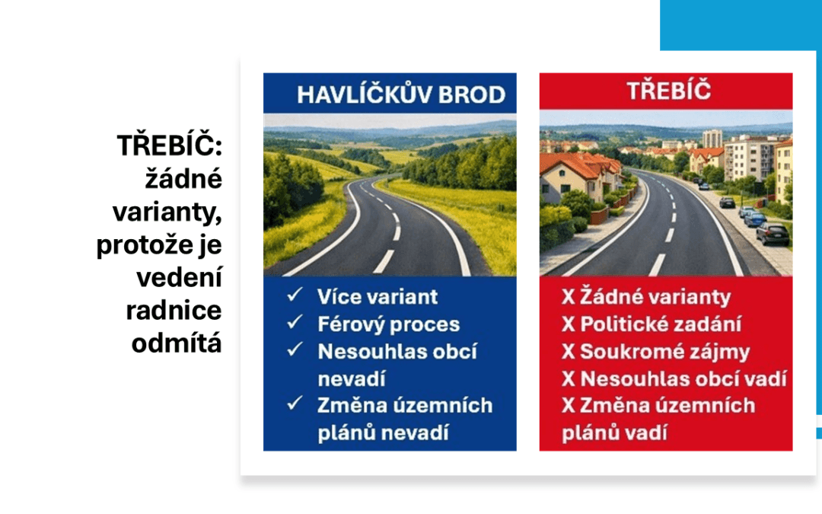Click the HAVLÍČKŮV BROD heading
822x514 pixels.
(401, 94)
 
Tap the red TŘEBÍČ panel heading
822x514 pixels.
(668, 90)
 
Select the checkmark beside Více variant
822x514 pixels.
(295, 295)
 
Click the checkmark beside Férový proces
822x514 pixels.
(295, 322)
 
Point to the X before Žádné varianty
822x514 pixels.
(569, 297)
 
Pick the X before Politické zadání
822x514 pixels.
(569, 324)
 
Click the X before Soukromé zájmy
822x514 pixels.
(569, 351)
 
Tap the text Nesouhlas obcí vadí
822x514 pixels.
(683, 378)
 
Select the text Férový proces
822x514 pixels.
(388, 324)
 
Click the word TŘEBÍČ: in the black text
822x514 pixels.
(170, 145)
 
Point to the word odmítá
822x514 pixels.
(177, 343)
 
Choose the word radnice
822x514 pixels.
(174, 311)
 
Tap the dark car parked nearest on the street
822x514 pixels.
(773, 234)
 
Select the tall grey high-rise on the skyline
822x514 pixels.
(712, 139)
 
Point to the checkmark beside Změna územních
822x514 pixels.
(295, 404)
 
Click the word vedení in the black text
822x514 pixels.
(180, 277)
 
